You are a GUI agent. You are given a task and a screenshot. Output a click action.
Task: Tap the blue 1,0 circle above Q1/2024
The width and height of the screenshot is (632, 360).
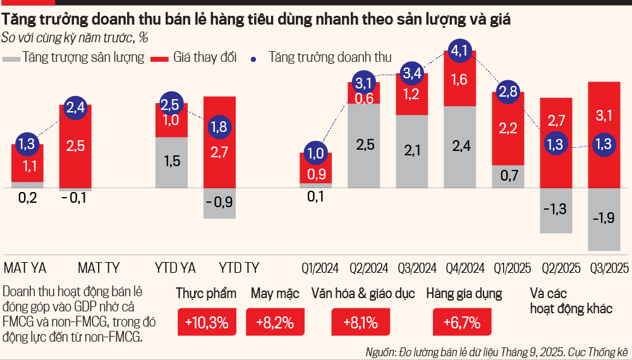click(316, 153)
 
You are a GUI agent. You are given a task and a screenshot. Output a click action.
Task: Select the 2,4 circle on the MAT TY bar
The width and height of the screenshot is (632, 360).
click(76, 108)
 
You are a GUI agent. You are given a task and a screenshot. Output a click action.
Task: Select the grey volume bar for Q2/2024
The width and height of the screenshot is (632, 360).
click(363, 145)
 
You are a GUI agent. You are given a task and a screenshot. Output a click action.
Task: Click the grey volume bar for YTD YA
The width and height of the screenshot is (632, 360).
click(172, 162)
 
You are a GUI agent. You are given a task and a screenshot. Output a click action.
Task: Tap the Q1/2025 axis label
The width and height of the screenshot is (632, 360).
click(508, 267)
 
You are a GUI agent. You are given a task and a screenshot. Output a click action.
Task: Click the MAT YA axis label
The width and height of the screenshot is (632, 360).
click(25, 267)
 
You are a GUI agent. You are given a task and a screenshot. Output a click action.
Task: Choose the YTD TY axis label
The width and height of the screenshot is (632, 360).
click(238, 267)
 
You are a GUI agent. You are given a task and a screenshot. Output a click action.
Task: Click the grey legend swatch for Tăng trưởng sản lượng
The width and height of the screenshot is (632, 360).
click(11, 58)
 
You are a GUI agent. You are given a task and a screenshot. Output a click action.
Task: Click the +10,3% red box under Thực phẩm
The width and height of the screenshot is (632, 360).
click(206, 323)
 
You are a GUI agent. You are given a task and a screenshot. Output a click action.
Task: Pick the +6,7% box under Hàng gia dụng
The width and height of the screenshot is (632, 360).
click(457, 323)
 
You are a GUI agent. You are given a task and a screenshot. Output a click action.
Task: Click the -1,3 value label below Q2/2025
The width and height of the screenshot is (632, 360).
click(556, 209)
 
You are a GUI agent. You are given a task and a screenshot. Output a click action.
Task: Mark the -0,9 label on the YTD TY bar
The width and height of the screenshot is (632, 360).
click(220, 203)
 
